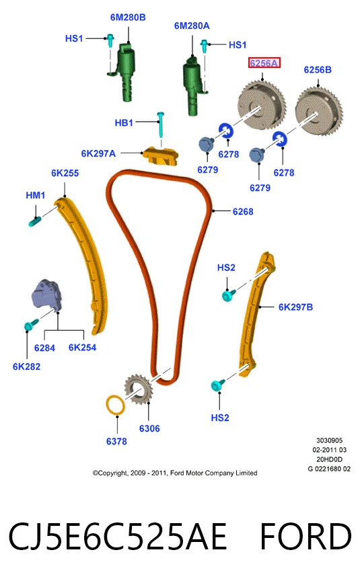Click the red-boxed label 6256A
[264, 63]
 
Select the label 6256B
[318, 70]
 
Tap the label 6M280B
[128, 17]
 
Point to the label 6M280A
[192, 26]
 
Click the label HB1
[124, 122]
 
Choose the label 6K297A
[98, 153]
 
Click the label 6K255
[65, 173]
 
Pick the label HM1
[36, 195]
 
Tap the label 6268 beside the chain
[243, 212]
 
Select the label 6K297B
[295, 307]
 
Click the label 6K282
[27, 366]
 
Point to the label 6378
[116, 441]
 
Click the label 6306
[149, 429]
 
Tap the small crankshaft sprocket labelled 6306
[138, 391]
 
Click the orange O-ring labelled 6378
[116, 405]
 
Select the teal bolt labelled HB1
[161, 124]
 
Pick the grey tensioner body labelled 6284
[46, 294]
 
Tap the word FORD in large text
[305, 537]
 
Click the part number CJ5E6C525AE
[118, 537]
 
